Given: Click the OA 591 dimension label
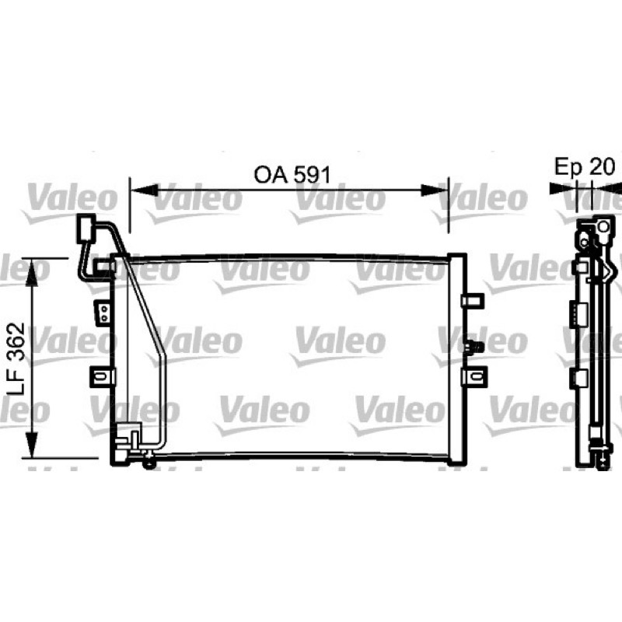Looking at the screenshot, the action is point(292,175).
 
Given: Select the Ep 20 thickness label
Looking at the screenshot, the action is point(585,166).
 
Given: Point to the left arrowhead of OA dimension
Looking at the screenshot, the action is point(145,190).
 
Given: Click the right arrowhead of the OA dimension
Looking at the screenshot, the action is point(435,190).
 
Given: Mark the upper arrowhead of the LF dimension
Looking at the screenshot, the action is point(31,272).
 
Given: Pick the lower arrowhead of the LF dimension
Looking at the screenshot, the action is point(31,444).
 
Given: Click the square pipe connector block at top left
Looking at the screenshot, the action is point(86,228).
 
